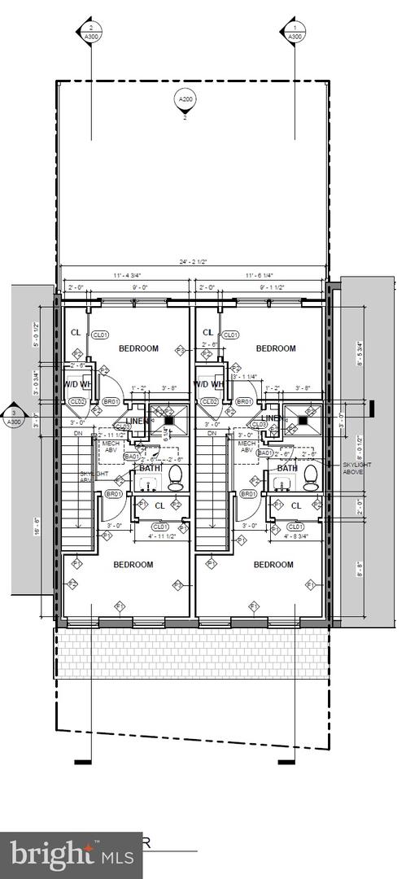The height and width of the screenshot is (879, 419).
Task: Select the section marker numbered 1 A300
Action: coord(295,32)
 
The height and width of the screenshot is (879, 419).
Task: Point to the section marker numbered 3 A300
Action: coord(13,418)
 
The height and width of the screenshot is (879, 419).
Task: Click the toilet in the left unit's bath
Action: coord(175,477)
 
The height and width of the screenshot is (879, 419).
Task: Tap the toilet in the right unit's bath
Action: coord(311,477)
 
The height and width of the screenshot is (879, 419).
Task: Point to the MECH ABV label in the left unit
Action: coord(109,448)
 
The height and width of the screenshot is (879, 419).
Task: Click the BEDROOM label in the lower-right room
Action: coord(273,565)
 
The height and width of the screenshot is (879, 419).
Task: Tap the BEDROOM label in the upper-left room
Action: coord(138,348)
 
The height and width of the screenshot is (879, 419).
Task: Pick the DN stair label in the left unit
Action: coord(78,434)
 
